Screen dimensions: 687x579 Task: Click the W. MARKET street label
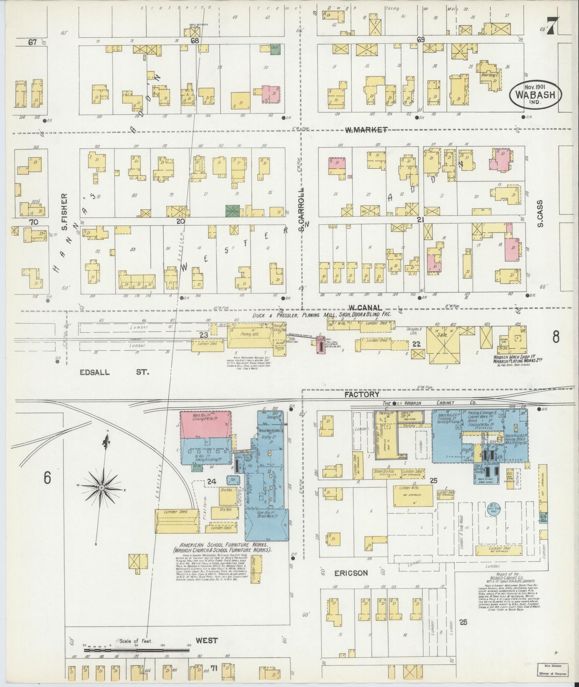(x=366, y=129)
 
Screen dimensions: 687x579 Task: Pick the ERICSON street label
(x=351, y=573)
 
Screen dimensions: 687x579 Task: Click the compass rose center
(x=102, y=487)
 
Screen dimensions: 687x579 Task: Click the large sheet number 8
(x=556, y=337)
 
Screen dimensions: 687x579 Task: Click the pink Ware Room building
(x=205, y=424)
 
